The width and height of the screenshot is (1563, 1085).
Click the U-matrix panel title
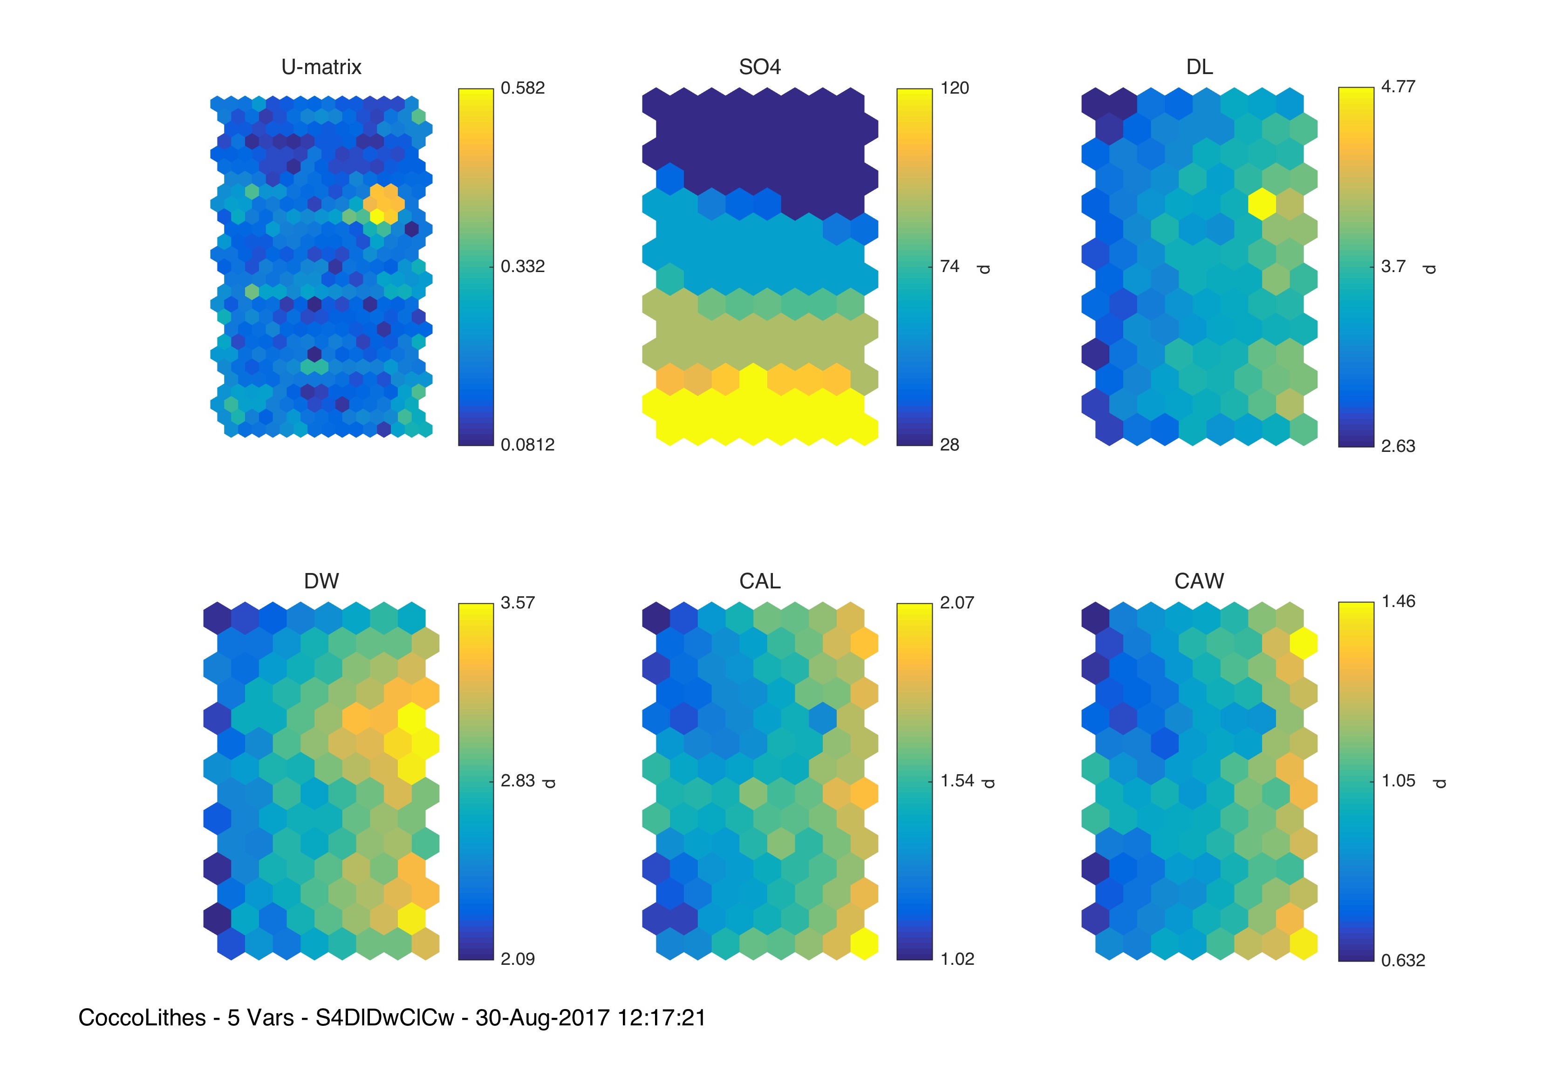coord(321,67)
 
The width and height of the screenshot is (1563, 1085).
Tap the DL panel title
coord(1199,67)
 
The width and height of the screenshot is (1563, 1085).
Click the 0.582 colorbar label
coord(522,88)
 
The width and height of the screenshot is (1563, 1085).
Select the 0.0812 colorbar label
coord(527,444)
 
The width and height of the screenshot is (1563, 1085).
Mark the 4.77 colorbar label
coord(1398,86)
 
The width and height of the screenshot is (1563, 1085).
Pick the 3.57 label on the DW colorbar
coord(518,602)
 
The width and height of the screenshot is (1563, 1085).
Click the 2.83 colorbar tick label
coord(518,780)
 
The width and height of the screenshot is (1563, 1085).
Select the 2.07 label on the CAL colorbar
coord(956,602)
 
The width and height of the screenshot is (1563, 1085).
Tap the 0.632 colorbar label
coord(1403,960)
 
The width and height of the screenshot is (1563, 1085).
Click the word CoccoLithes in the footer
coord(142,1018)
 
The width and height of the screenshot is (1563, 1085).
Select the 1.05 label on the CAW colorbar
coord(1398,780)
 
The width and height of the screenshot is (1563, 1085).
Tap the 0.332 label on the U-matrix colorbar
coord(522,266)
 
